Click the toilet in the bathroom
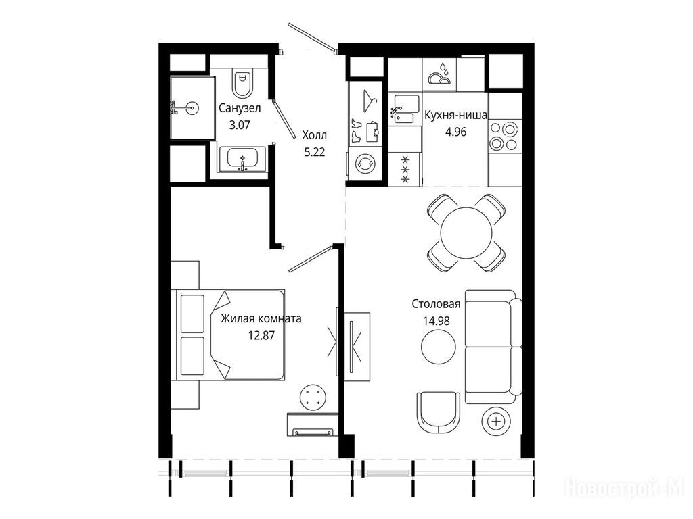click(x=243, y=83)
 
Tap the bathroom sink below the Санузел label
click(x=242, y=159)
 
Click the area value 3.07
click(x=240, y=125)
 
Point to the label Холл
click(x=314, y=135)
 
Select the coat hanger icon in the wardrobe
click(x=368, y=100)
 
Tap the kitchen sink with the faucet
click(x=405, y=109)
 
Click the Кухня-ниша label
click(x=455, y=116)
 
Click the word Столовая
click(x=436, y=304)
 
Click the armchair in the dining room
click(x=438, y=413)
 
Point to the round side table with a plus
click(x=497, y=422)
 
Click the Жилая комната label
click(x=261, y=319)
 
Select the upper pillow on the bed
click(x=192, y=314)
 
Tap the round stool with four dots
click(x=313, y=397)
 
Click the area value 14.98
click(x=437, y=321)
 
